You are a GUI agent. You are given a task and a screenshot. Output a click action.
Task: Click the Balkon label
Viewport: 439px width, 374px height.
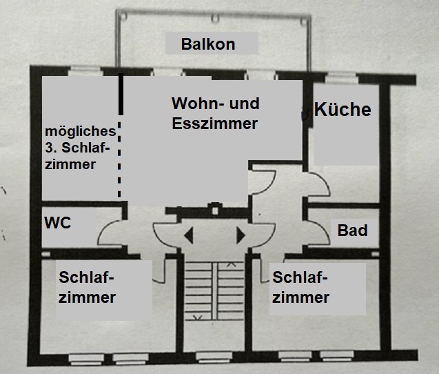pos(208,44)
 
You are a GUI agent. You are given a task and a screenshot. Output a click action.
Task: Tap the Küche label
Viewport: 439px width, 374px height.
pos(343,109)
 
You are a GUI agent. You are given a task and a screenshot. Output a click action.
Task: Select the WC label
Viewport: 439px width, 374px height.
pos(58,223)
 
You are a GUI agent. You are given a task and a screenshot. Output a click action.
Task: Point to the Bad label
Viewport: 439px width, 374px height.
pos(352,230)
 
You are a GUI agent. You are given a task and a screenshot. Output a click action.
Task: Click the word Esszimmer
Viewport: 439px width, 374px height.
pos(215,124)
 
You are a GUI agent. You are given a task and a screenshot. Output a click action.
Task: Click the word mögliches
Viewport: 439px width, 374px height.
pos(81,132)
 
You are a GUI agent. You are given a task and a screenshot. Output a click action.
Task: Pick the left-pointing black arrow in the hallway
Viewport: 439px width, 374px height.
pos(189,235)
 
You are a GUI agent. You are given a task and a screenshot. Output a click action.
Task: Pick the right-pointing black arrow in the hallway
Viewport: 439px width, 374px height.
pos(241,235)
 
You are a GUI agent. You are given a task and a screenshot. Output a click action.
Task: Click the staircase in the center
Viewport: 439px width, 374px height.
pos(214,291)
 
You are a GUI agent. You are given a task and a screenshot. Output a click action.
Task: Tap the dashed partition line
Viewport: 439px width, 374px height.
pos(119,159)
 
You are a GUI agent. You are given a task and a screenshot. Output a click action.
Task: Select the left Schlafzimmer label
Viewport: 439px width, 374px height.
pos(87,287)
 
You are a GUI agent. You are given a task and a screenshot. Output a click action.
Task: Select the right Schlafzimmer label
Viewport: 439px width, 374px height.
pos(300,287)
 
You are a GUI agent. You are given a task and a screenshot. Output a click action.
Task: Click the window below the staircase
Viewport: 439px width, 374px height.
pos(214,357)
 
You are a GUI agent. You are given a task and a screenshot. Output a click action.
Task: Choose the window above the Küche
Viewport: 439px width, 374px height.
pos(342,78)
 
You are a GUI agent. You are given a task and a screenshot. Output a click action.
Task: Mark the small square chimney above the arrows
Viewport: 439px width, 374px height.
pos(215,210)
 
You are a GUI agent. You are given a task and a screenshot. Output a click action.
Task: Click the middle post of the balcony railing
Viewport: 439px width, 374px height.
pos(215,19)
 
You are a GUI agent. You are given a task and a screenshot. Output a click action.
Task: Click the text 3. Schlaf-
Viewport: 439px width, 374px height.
pos(77,148)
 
